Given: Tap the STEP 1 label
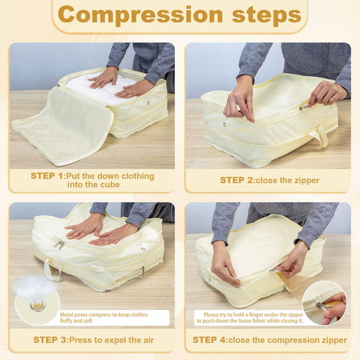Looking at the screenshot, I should (x=47, y=176).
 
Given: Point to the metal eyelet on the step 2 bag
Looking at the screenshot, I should (x=225, y=124).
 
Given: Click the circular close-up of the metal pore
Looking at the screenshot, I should (x=38, y=305).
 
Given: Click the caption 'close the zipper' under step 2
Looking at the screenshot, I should (x=288, y=180).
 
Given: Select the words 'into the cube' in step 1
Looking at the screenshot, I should (x=92, y=185).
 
